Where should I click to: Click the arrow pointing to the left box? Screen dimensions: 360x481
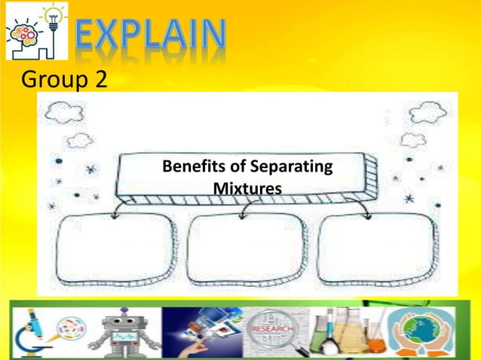coord(115,214)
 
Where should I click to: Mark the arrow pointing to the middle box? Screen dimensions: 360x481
coord(242,214)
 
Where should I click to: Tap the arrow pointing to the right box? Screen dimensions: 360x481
coord(367,214)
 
